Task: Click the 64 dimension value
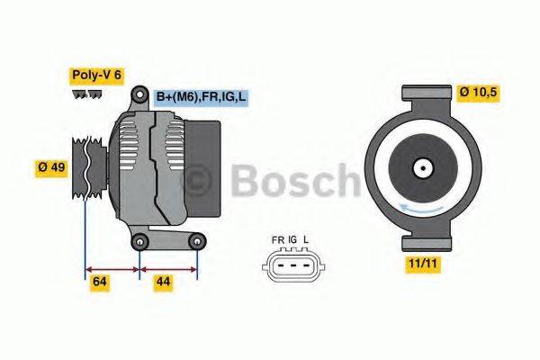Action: (x=100, y=283)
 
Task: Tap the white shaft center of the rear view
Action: (x=421, y=167)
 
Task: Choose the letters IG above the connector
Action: (x=292, y=239)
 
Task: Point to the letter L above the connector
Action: (x=307, y=239)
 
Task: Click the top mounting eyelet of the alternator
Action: (x=139, y=94)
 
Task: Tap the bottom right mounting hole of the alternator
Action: (x=196, y=240)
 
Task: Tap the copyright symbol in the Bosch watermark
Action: (x=198, y=180)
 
